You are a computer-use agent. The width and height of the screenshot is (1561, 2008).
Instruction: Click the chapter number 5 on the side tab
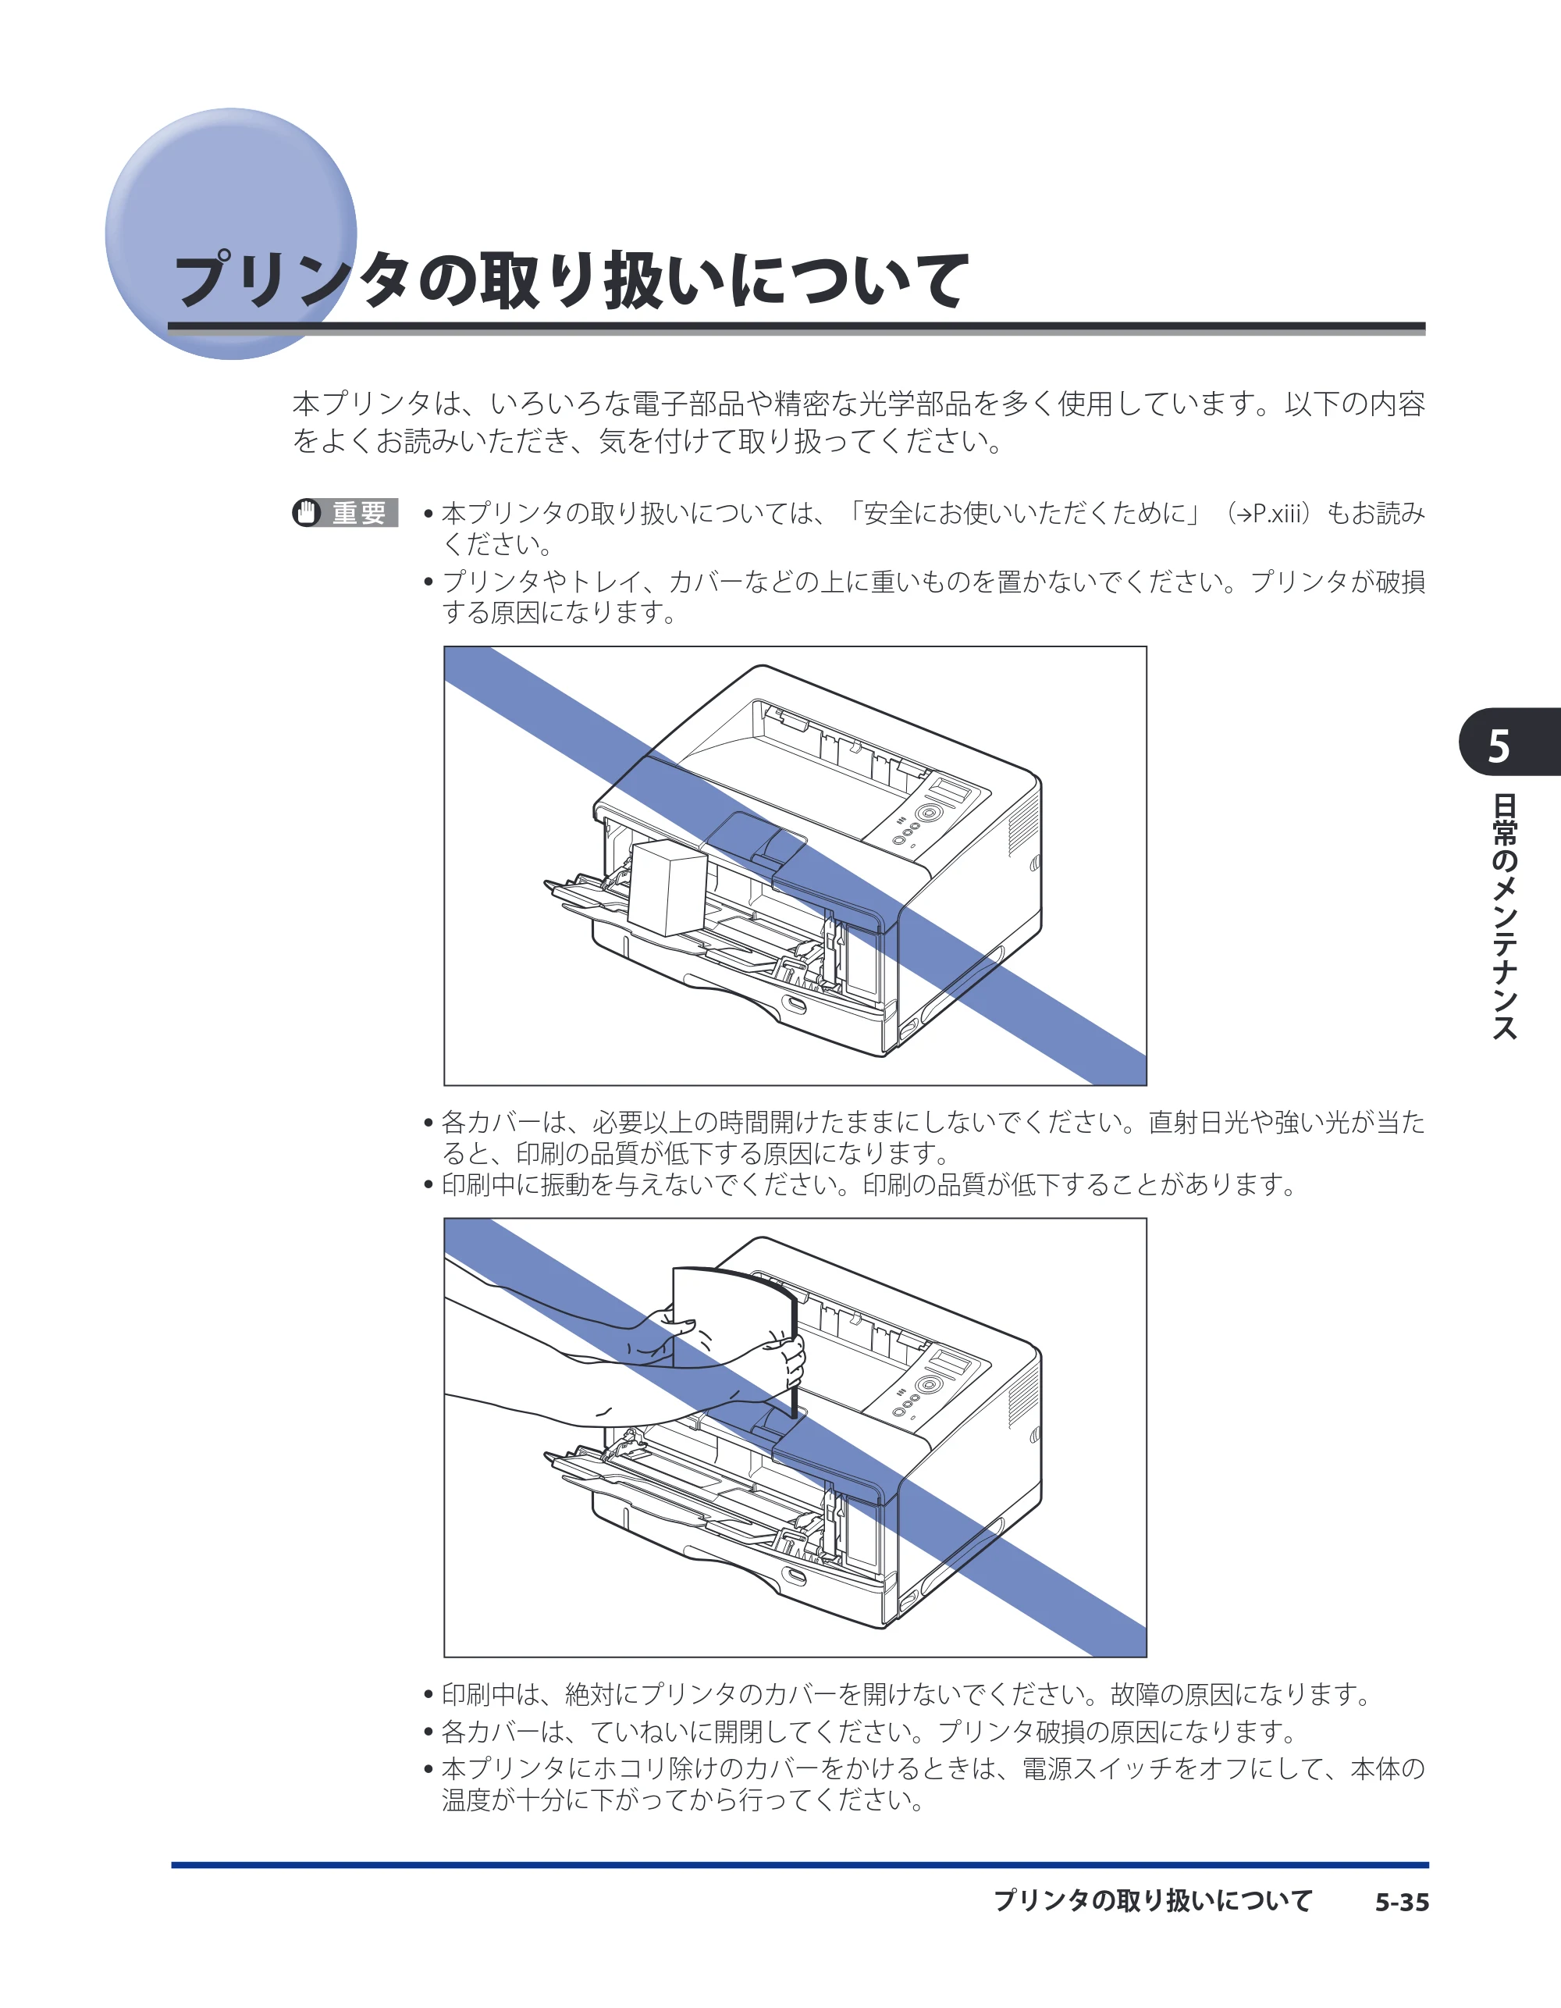1499,746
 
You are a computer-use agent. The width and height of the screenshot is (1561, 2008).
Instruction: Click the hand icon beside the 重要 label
307,512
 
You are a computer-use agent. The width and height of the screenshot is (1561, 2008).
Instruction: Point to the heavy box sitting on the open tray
667,888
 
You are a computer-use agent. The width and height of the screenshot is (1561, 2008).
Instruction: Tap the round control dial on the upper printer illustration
930,814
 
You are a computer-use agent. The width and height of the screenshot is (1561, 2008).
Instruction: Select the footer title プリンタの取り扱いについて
1153,1901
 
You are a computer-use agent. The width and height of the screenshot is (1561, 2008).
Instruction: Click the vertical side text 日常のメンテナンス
1504,916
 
